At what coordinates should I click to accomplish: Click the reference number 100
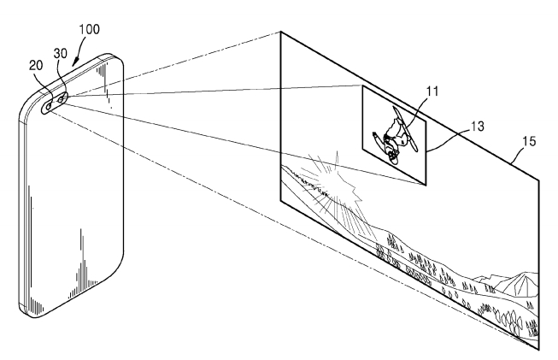click(x=89, y=29)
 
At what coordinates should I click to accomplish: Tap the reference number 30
click(x=61, y=53)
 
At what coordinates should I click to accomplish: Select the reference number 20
click(x=36, y=66)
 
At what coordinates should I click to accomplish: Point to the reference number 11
click(x=432, y=91)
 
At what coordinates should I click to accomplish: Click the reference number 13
click(x=478, y=127)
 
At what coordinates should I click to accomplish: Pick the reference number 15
click(x=529, y=142)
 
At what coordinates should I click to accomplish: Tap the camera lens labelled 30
click(x=62, y=97)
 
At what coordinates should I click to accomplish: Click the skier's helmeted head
click(x=393, y=156)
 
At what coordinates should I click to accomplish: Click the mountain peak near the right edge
click(x=523, y=273)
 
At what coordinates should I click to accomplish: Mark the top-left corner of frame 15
click(x=281, y=32)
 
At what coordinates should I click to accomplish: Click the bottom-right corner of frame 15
click(x=538, y=349)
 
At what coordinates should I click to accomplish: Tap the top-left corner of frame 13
click(x=362, y=86)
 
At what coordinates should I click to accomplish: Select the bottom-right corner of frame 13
click(x=426, y=186)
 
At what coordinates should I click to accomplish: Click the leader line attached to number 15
click(x=518, y=154)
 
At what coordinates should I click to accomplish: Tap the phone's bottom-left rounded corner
click(x=24, y=309)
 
